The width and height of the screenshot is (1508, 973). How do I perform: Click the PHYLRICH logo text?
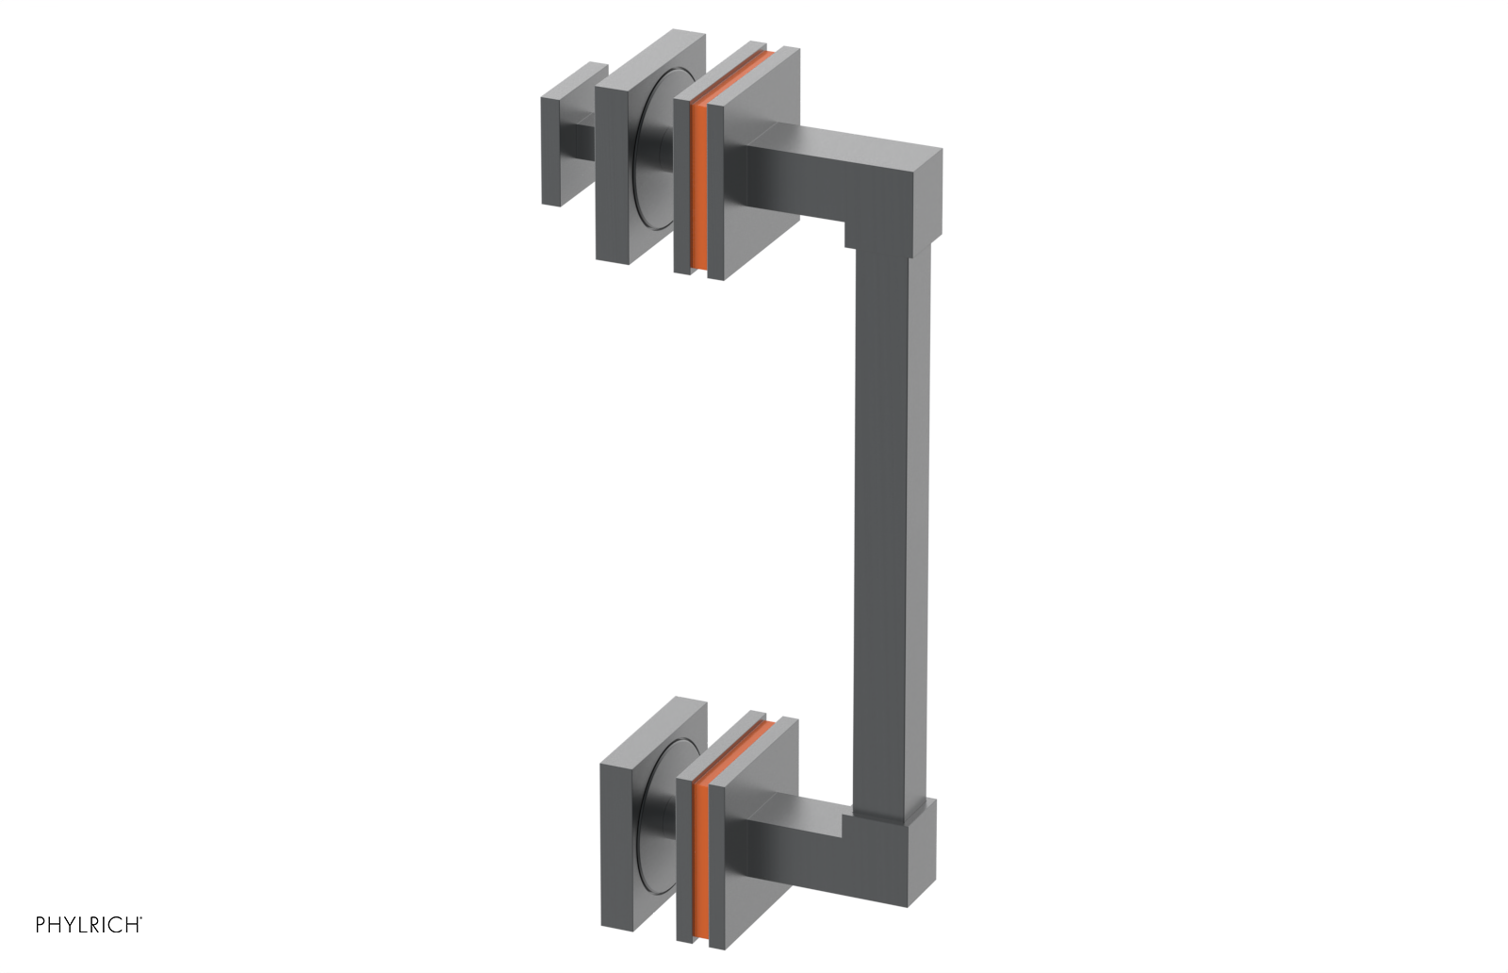(89, 924)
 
